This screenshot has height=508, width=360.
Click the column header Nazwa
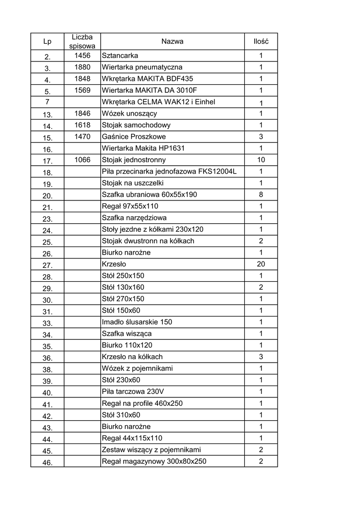click(x=172, y=42)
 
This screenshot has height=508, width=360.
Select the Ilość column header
click(x=261, y=42)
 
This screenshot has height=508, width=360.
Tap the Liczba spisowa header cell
click(x=82, y=42)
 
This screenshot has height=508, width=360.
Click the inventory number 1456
click(x=82, y=56)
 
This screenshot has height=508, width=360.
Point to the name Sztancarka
click(x=120, y=56)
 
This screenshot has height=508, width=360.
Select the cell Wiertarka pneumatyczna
click(x=142, y=67)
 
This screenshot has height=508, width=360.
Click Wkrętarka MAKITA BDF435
click(x=147, y=79)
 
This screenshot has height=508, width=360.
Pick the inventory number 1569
click(x=82, y=90)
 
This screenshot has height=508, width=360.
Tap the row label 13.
click(x=48, y=114)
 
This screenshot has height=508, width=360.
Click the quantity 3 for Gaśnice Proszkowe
click(x=261, y=137)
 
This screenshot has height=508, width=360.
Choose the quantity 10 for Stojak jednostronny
click(x=261, y=160)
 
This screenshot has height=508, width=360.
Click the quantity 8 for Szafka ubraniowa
click(x=261, y=195)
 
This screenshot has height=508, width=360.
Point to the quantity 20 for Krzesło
click(x=261, y=264)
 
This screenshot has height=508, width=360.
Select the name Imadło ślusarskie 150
click(x=137, y=322)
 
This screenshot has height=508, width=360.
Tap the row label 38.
click(x=48, y=369)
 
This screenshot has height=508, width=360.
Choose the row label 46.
click(x=48, y=462)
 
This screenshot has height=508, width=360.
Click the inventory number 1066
click(x=82, y=160)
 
